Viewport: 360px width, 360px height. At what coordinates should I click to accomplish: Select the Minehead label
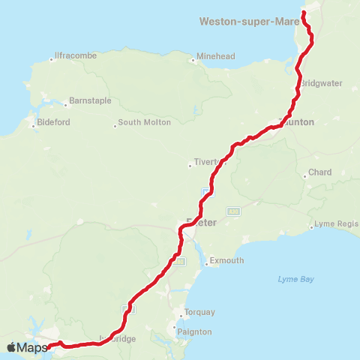pos(216,56)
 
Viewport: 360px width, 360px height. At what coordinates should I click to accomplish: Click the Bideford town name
pos(55,122)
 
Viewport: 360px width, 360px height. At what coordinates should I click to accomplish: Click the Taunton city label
pos(297,121)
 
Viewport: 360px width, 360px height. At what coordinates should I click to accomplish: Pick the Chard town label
pos(320,172)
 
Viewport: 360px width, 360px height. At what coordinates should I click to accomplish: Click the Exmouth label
pos(226,260)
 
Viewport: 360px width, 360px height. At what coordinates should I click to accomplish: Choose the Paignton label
pos(194,331)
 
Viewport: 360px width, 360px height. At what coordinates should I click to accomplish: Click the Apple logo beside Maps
pos(11,347)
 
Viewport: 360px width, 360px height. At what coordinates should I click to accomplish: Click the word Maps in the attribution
pos(32,347)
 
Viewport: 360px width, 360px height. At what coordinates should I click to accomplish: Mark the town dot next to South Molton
pos(115,124)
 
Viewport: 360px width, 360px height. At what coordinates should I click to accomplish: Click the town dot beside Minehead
pos(193,61)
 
